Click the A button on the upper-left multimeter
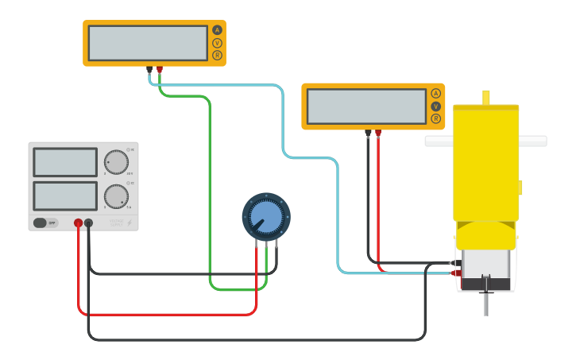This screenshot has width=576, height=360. point(217,30)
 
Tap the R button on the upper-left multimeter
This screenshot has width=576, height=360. point(217,55)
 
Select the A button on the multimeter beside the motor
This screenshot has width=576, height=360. point(435,94)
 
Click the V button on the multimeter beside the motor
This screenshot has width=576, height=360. point(435,106)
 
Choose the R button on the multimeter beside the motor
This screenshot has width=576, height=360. point(435,118)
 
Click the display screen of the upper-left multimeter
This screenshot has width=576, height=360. point(148,43)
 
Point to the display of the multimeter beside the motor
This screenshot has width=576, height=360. point(366,106)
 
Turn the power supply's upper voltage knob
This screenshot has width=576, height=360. point(116,162)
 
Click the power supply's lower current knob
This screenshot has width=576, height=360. point(116,195)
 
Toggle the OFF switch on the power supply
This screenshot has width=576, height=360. point(46,223)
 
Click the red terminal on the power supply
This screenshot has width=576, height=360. point(78,223)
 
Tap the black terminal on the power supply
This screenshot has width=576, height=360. point(88,223)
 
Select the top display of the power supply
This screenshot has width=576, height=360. point(65,162)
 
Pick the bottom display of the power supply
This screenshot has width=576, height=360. point(65,195)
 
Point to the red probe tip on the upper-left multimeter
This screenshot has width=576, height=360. point(160,70)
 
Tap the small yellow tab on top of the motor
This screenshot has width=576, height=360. point(485,97)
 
